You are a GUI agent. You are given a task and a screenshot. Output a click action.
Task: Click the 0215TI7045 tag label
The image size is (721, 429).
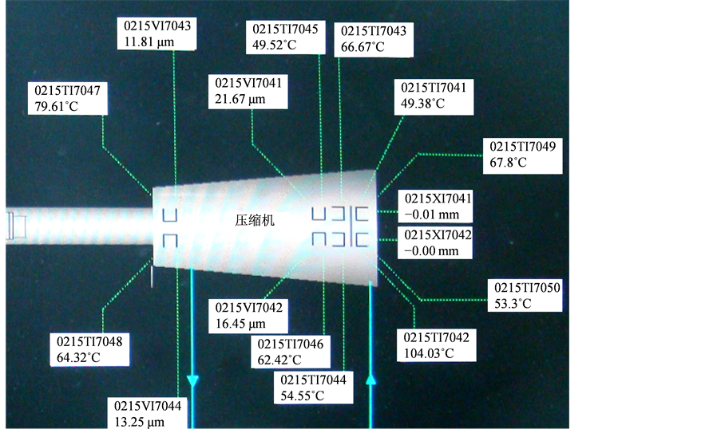click(285, 30)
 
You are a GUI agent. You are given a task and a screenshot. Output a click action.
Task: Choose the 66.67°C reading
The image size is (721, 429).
click(362, 47)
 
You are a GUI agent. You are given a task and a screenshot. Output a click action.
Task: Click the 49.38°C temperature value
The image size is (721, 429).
click(422, 104)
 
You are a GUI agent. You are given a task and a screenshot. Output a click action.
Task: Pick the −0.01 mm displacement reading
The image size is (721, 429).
click(432, 214)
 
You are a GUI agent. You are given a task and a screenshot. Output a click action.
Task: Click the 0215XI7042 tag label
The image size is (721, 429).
click(438, 235)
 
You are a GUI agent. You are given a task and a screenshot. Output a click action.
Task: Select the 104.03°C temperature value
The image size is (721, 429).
click(429, 353)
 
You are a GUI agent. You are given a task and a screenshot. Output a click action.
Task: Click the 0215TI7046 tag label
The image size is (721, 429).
click(290, 344)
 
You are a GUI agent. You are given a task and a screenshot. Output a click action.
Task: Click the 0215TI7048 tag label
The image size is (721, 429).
click(89, 341)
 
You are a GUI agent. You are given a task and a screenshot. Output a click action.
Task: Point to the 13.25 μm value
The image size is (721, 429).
click(139, 422)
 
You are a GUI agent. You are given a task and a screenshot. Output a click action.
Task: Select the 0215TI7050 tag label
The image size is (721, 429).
click(527, 287)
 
